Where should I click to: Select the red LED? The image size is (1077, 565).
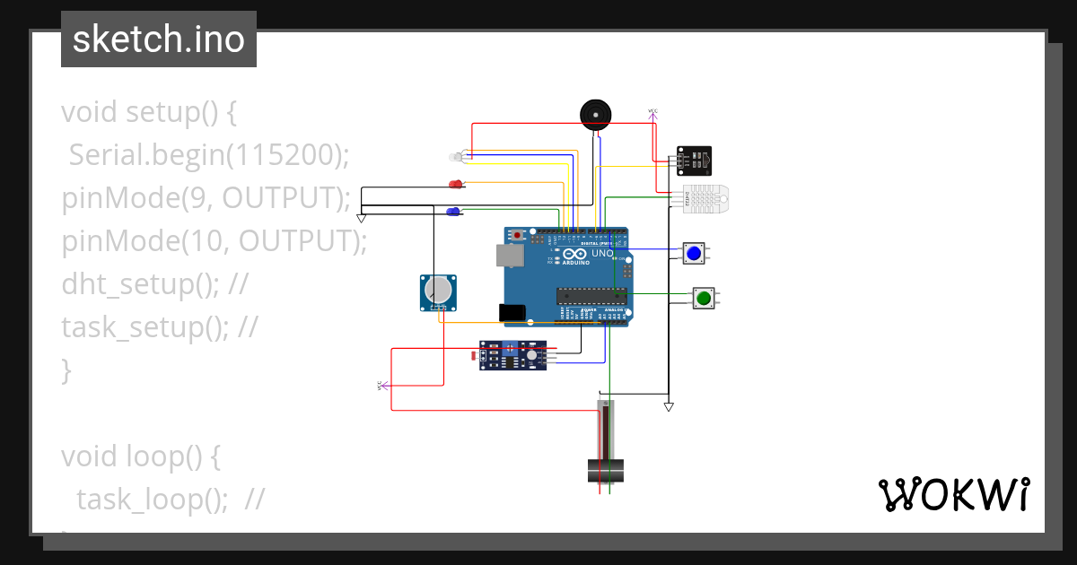point(455,185)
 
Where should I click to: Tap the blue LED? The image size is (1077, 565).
point(453,212)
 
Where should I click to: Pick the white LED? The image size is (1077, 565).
point(454,158)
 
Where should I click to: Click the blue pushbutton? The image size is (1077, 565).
point(693,254)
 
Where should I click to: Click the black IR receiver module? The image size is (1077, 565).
point(696,161)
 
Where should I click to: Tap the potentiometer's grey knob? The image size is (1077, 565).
point(438,291)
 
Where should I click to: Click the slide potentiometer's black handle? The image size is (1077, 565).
point(606,470)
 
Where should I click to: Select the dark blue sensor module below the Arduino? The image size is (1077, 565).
point(514,356)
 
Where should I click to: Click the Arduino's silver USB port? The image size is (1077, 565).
point(510,256)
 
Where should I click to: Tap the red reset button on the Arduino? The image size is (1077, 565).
point(518,235)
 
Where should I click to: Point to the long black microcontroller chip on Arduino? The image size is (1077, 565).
point(590,295)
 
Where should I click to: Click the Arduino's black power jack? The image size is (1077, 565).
point(512,312)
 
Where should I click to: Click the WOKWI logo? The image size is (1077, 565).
point(953,494)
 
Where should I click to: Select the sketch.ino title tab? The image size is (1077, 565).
point(159,39)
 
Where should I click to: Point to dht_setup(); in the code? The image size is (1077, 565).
point(141,284)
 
